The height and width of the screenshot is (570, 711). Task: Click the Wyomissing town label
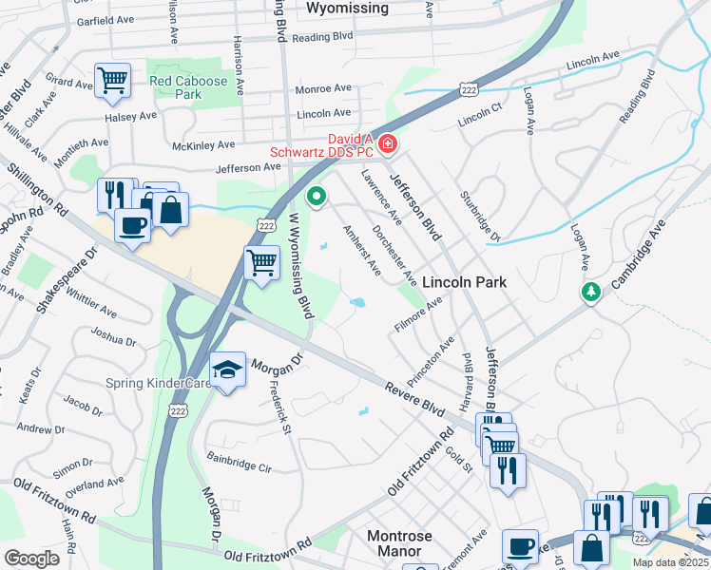348,9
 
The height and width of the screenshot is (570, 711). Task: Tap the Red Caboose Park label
188,87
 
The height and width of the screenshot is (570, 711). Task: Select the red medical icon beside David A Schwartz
387,144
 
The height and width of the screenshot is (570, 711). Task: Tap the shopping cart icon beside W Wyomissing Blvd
261,261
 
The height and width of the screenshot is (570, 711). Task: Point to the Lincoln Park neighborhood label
464,282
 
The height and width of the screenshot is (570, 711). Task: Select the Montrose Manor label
399,543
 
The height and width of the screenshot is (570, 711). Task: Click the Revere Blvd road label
415,397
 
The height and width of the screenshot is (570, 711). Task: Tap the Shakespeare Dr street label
67,281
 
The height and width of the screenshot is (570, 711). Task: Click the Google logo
31,559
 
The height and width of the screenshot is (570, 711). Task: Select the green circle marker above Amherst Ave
317,197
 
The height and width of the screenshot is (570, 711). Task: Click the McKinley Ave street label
202,145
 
